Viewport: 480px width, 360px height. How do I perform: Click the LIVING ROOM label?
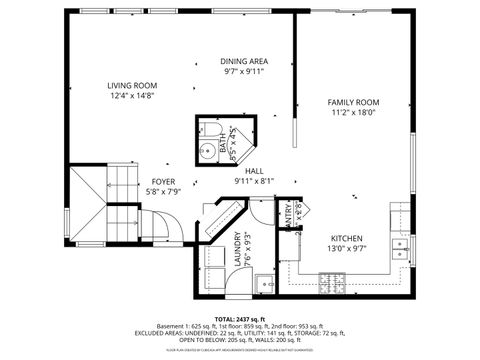tap(134, 85)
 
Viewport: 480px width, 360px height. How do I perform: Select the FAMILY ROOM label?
tap(353, 102)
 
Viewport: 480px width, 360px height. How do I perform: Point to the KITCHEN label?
tap(351, 238)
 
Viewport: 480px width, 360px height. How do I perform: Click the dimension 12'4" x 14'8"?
tap(134, 96)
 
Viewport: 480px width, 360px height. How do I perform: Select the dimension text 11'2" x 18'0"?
tap(353, 113)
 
